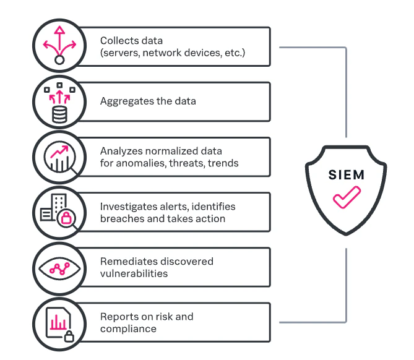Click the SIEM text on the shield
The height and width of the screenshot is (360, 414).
coord(347,174)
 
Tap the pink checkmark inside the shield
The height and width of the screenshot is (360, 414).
coord(347,197)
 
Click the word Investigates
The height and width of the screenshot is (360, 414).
coord(128,207)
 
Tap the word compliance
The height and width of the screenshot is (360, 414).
coord(128,329)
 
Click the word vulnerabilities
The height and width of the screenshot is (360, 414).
coord(134,273)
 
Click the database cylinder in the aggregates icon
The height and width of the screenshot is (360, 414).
coord(59,114)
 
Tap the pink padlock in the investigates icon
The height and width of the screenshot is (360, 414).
coord(66,218)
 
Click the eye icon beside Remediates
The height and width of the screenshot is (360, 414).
coord(59,268)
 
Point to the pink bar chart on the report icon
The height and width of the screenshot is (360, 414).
coord(58,322)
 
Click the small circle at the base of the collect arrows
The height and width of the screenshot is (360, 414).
coord(59,60)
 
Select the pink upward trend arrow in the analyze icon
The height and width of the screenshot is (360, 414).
coord(59,152)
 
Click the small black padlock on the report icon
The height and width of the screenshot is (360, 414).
coord(69,336)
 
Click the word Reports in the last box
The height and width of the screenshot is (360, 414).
coord(117,317)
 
